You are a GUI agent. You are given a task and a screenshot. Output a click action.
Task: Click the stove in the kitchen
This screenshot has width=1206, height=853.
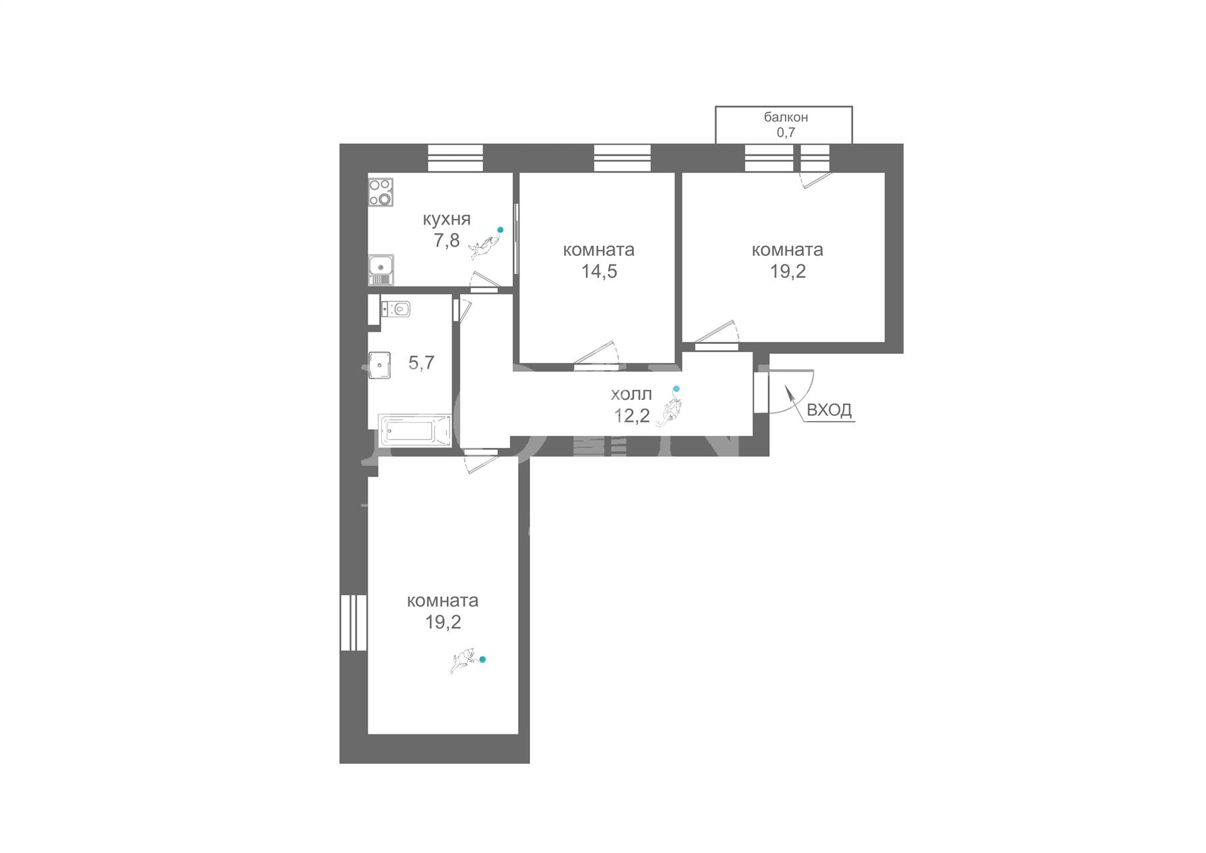381,192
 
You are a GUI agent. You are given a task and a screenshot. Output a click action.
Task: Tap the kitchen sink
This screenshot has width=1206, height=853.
381,269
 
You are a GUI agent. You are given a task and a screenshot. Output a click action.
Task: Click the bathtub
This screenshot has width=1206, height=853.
415,430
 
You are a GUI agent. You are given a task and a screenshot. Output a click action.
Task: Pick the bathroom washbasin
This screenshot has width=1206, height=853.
380,365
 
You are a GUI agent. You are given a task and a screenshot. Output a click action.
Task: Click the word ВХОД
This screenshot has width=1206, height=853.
829,410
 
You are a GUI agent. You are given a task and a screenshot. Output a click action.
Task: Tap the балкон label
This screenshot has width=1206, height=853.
786,117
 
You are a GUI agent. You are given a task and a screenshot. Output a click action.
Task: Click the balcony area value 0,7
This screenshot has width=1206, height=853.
786,132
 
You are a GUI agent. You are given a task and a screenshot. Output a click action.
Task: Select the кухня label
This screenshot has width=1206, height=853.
447,219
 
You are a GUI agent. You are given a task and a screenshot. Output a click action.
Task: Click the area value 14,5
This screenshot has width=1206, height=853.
599,271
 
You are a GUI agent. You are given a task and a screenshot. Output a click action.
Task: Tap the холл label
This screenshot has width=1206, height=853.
631,395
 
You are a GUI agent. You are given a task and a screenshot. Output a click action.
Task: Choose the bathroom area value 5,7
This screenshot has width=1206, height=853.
421,363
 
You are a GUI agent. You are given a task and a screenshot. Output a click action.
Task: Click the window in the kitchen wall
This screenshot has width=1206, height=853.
455,159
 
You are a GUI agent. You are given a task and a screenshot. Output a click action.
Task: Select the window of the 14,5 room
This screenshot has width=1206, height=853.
622,159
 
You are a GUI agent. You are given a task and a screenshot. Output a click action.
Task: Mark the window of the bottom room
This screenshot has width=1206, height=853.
354,622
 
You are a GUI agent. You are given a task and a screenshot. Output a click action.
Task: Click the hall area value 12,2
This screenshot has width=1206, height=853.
631,417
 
